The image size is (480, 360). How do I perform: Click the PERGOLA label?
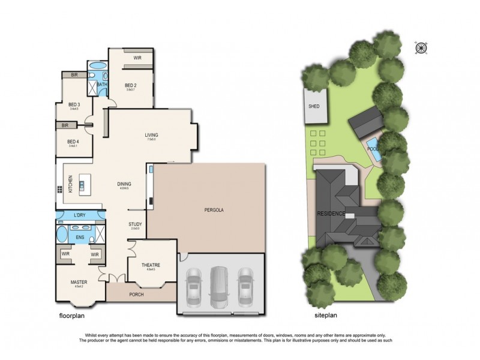(214, 210)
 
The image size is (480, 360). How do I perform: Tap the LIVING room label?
(151, 136)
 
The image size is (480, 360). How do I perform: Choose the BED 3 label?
(74, 105)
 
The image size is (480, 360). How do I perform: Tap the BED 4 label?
(74, 142)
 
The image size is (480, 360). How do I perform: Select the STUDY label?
(136, 225)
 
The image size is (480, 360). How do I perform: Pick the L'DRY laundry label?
(79, 215)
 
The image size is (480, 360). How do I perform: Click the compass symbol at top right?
(421, 47)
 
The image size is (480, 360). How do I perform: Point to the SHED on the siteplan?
(314, 106)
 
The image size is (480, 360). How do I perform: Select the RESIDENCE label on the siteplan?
(331, 214)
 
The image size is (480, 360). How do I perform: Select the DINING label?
(124, 184)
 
